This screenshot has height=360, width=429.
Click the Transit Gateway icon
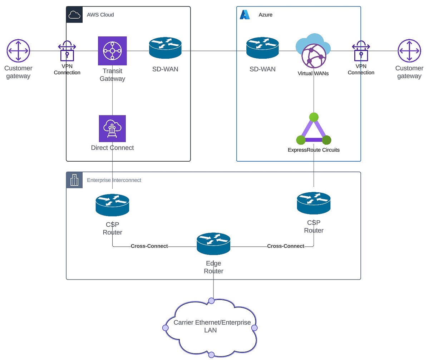coord(112,51)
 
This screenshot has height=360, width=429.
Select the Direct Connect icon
coord(112,128)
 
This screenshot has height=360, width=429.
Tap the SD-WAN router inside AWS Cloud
coord(165,48)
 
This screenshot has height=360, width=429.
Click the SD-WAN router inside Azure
coord(262,48)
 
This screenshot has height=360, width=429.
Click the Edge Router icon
coord(213,244)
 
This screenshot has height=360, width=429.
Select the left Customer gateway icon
coord(18,51)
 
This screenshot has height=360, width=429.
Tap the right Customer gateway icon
coord(409,51)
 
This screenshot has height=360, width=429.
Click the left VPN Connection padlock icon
coord(67,50)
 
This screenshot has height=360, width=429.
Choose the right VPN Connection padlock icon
coord(361,50)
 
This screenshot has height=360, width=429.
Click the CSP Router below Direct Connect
coord(112,205)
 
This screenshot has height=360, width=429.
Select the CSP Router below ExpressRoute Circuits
coord(314,203)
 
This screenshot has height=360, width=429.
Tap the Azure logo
coord(245,15)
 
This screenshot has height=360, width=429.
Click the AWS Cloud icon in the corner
coord(74,15)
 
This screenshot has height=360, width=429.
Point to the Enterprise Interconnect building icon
coord(74,180)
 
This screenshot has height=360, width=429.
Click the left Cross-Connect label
coord(149,246)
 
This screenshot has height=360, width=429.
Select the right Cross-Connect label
coord(286,246)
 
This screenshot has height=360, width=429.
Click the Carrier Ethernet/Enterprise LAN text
coord(212,326)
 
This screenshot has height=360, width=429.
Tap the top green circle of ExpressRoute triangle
coord(314,117)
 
